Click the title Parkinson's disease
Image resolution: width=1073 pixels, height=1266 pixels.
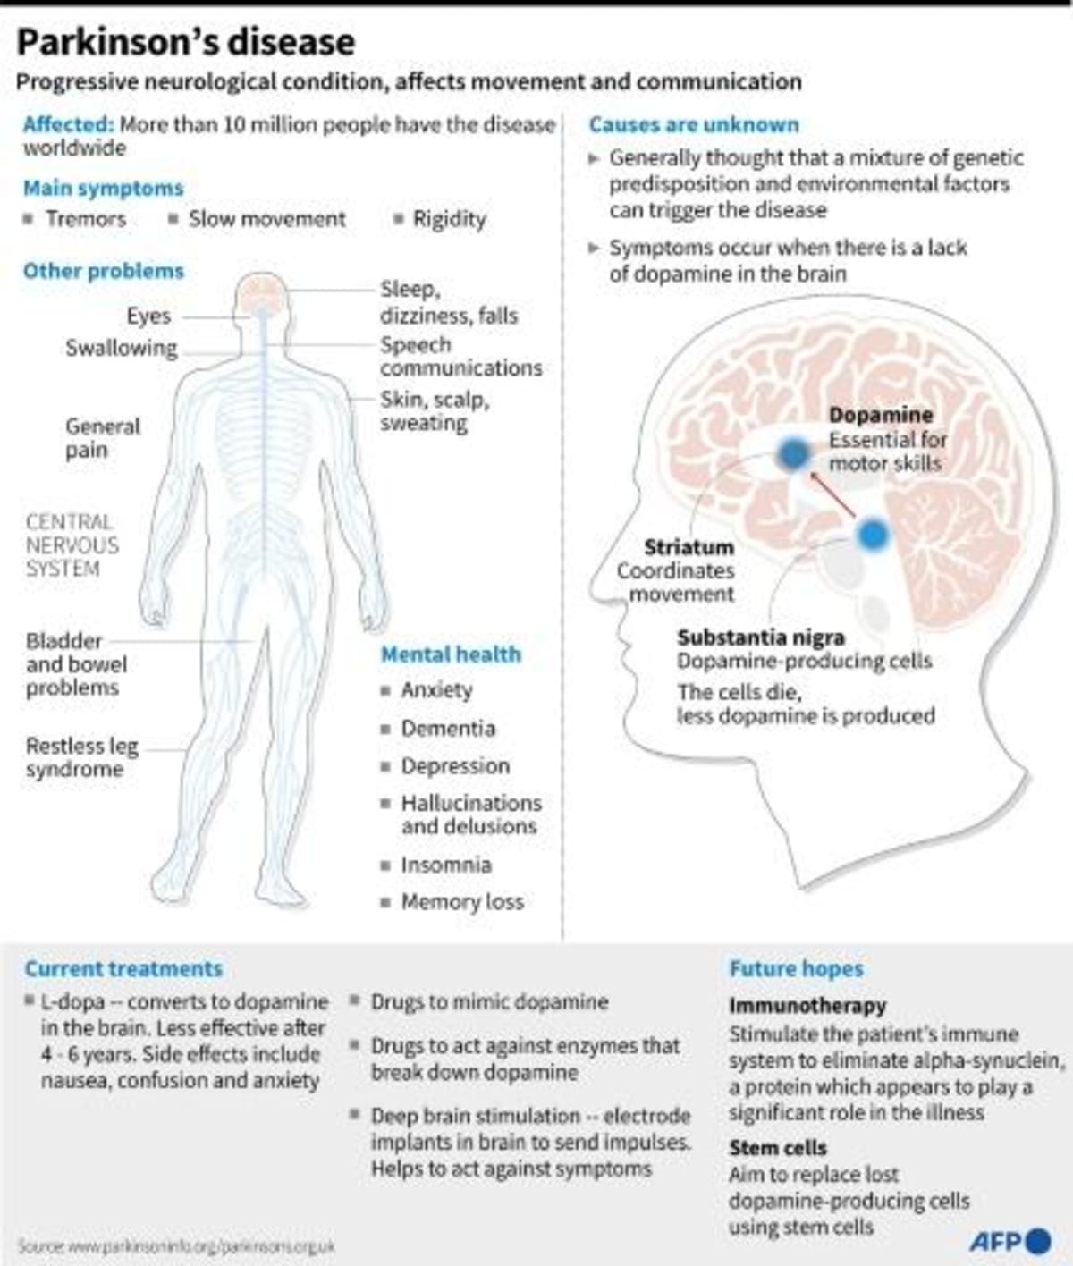[x=186, y=42]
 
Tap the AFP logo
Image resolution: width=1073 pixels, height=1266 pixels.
[x=1010, y=1241]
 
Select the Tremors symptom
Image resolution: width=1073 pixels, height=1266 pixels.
[x=86, y=219]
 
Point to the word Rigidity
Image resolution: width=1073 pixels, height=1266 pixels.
[x=449, y=219]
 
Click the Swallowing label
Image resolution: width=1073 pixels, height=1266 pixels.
[x=122, y=348]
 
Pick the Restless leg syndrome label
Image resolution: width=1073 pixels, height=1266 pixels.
[x=81, y=757]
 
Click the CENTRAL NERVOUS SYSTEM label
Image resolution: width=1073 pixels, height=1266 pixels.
[x=72, y=544]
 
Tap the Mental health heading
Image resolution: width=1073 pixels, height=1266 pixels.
[x=451, y=654]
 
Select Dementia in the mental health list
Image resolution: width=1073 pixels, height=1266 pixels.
[x=447, y=728]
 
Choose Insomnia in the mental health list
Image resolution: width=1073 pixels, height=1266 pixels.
[x=445, y=865]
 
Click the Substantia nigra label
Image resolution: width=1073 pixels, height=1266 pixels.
[x=761, y=637]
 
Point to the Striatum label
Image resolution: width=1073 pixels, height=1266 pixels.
[x=689, y=547]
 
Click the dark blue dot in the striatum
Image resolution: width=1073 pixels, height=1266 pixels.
[x=792, y=454]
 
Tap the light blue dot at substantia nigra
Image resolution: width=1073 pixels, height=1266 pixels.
[x=872, y=535]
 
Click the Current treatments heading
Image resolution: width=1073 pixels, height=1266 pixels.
[x=123, y=968]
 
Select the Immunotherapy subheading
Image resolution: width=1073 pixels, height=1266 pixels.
[x=807, y=1006]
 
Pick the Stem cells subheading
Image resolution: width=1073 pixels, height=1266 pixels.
[x=777, y=1147]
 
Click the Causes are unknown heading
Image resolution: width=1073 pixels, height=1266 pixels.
[x=693, y=125]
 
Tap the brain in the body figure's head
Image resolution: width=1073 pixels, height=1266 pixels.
[x=262, y=292]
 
